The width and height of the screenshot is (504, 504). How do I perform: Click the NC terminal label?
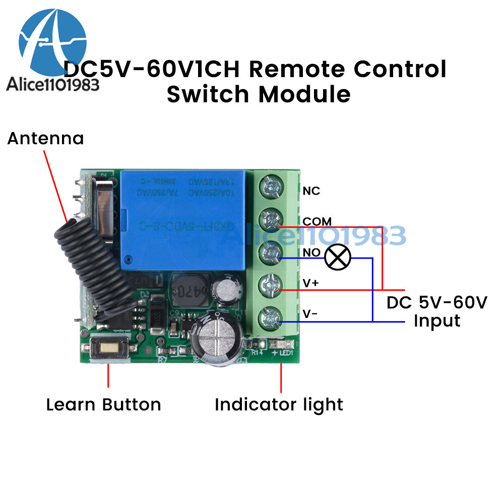click(x=311, y=191)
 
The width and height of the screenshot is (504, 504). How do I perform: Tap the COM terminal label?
click(x=317, y=221)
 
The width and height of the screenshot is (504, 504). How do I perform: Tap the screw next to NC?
click(x=271, y=188)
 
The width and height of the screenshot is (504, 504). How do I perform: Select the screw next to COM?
click(x=271, y=220)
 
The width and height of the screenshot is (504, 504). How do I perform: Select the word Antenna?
click(x=45, y=138)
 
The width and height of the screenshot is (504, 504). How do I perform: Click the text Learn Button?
click(x=103, y=404)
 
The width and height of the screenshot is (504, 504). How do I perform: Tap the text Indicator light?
click(x=279, y=404)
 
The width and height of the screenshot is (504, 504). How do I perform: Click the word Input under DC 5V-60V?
click(x=437, y=321)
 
